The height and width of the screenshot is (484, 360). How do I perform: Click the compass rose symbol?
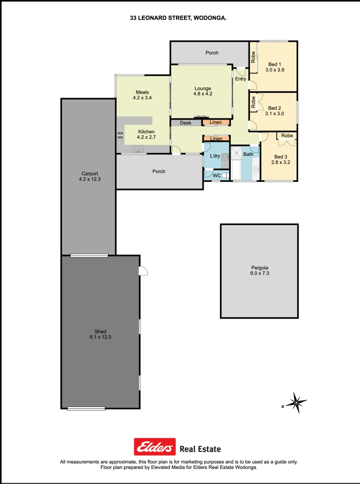[x=296, y=403]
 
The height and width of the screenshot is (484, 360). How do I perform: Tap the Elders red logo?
[x=155, y=447]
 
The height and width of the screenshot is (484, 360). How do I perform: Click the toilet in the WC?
[x=225, y=175]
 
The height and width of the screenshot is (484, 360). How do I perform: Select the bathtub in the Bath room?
[x=236, y=170]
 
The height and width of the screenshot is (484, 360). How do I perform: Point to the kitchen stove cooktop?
[x=120, y=133]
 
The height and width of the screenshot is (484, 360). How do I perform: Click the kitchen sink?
[x=138, y=149]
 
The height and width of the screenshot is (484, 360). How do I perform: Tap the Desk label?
[x=185, y=123]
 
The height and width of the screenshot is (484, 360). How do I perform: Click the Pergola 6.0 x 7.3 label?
[x=259, y=270]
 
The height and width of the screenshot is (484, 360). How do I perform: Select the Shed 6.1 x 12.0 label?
[x=100, y=334]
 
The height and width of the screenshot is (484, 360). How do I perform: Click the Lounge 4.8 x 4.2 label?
[x=202, y=91]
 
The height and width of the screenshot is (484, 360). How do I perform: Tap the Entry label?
[x=240, y=79]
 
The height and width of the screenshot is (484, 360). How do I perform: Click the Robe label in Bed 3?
[x=287, y=135]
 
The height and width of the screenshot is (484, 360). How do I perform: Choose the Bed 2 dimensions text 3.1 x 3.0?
[x=274, y=114]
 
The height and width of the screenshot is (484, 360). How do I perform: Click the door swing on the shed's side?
[x=143, y=271]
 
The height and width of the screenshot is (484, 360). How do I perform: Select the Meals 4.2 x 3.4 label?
[x=143, y=95]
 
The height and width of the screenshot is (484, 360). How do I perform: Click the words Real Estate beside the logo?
[x=200, y=449]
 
